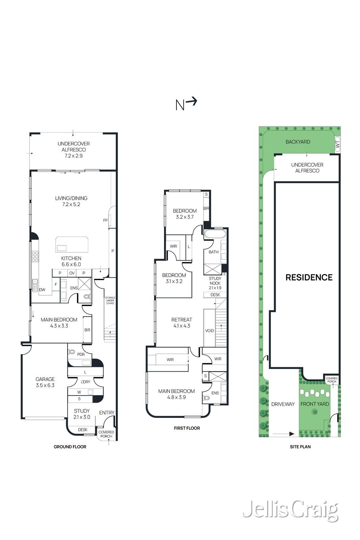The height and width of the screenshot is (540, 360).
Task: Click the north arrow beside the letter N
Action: click(x=192, y=102)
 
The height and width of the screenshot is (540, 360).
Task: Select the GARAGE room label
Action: click(x=45, y=379)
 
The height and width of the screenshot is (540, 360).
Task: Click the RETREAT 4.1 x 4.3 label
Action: click(x=182, y=323)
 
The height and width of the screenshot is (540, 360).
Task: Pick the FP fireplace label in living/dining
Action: click(x=105, y=220)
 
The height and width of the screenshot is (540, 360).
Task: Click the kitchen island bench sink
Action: click(x=61, y=248)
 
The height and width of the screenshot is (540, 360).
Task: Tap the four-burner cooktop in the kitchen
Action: click(x=35, y=256)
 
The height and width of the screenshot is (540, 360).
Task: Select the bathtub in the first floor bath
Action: click(x=215, y=234)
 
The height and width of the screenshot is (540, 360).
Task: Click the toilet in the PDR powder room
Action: click(x=72, y=352)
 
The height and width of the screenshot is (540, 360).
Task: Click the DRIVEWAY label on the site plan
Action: click(x=283, y=404)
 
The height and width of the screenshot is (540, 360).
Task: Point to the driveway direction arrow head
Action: click(x=292, y=434)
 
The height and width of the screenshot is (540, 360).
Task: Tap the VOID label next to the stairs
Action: click(x=210, y=330)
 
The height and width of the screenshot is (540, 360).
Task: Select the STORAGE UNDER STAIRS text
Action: click(x=110, y=300)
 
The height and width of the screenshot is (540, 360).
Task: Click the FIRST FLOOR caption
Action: click(x=187, y=428)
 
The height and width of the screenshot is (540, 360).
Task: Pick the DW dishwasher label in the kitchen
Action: click(x=42, y=290)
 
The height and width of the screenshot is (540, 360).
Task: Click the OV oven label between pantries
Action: click(x=72, y=273)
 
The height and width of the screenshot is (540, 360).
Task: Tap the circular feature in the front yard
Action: click(x=314, y=412)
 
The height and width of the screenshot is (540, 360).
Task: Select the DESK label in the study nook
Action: click(x=215, y=295)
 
